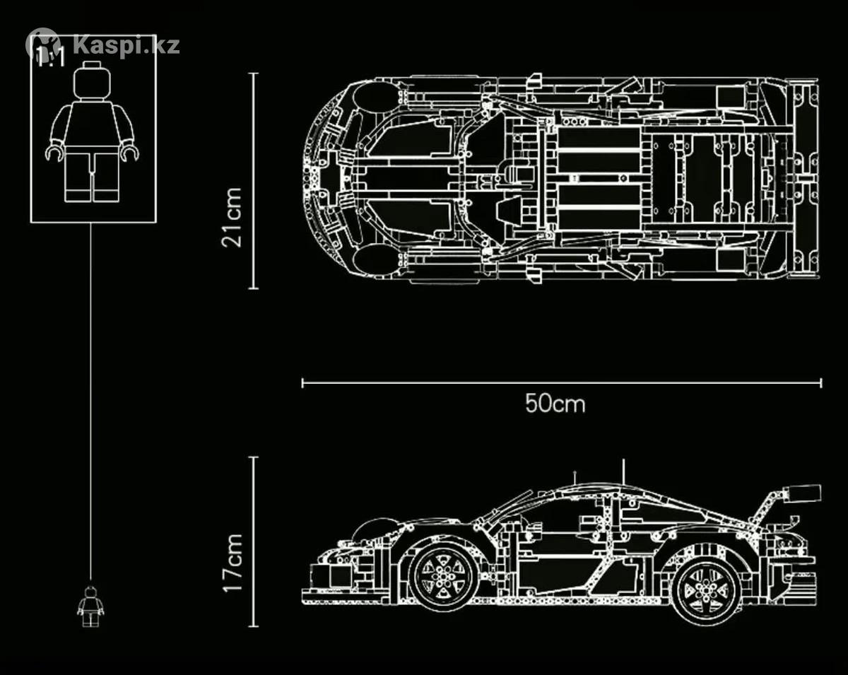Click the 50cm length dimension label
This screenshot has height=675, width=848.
(555, 404)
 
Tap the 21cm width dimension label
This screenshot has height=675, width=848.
(231, 218)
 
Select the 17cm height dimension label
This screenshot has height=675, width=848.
(232, 563)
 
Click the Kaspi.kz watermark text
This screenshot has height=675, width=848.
(126, 46)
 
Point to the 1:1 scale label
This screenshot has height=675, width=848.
(50, 57)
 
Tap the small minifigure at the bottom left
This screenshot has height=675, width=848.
(90, 606)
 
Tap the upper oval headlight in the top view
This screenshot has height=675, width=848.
(375, 97)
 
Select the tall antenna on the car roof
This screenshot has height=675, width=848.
(623, 471)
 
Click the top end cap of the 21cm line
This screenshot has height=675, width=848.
(254, 74)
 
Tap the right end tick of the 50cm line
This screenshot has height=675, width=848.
(821, 383)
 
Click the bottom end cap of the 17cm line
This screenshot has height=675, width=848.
(254, 626)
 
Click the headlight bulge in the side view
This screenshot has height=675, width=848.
(375, 528)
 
